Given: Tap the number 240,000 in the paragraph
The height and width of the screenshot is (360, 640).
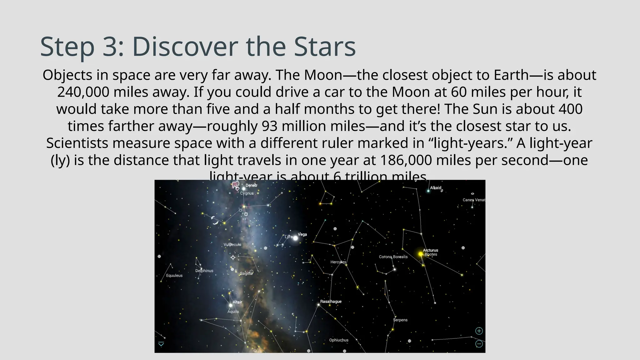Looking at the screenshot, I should pos(83,92).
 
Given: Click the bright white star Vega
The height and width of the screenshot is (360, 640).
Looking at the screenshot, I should pos(295,238).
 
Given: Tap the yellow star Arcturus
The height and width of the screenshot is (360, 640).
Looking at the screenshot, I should pos(421,254).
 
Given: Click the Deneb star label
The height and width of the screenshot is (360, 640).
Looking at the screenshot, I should pos(251,185).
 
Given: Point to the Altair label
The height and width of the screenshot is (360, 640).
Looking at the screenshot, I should pos(237,302).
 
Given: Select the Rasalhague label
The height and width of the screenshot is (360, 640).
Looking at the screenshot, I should pos(331,302).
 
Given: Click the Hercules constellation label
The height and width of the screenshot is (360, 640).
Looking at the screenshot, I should pos(338,262).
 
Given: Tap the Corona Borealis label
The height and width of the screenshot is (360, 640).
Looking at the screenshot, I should pos(393,257).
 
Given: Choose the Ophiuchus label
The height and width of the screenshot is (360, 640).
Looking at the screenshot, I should pos(338,340).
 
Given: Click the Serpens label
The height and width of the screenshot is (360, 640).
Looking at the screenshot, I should pos(400,320).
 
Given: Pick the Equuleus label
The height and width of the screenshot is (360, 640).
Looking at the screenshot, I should pos(174,276).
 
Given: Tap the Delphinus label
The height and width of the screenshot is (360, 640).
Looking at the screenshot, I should pos(204,271).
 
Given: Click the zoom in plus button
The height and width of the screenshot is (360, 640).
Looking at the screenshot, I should pos(479,331).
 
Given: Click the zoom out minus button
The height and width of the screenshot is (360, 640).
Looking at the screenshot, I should pos(479,344).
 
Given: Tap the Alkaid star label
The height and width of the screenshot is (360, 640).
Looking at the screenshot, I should pos(436,188).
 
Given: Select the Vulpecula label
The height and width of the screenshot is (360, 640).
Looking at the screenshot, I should pos(232,245).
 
